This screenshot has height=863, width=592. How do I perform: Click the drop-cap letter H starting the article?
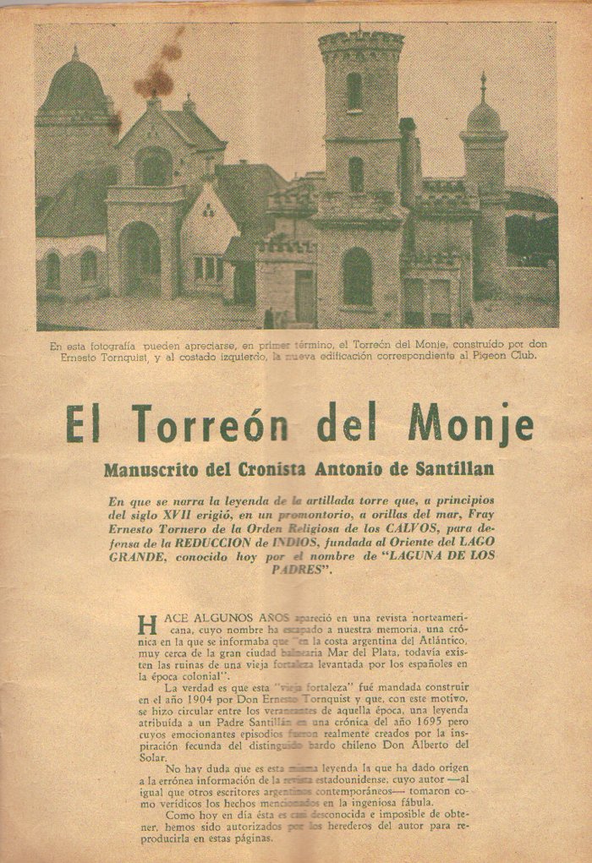click(147, 626)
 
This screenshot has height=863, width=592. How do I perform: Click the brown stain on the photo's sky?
click(159, 72)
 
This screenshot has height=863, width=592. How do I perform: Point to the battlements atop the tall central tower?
click(361, 41)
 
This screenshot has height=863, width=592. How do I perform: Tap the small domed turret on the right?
click(484, 114)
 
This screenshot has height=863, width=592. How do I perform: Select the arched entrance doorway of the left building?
click(140, 258)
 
